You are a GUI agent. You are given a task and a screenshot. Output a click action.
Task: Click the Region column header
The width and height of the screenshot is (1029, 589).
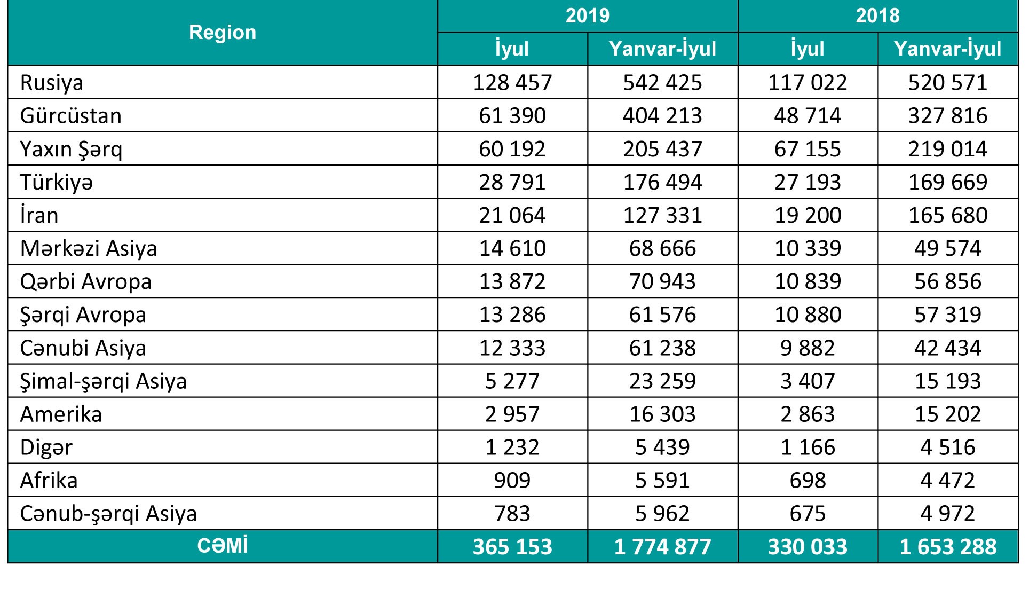click(223, 33)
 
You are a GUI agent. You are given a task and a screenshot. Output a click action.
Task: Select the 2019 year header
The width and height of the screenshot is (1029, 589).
click(587, 15)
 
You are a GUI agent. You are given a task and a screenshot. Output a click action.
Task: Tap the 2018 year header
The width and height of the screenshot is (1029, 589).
click(877, 15)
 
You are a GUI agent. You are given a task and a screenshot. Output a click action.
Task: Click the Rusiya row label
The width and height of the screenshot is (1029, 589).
click(52, 83)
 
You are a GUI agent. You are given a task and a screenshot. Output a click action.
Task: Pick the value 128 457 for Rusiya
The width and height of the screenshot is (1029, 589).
click(512, 83)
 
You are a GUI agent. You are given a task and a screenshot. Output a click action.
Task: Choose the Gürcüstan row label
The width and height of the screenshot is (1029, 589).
click(71, 116)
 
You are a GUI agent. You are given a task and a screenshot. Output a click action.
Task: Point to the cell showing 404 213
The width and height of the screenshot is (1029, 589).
click(662, 116)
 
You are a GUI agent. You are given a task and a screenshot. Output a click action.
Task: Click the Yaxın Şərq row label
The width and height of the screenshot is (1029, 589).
click(71, 149)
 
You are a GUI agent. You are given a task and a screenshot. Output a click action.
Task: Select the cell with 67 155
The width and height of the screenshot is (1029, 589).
click(808, 149)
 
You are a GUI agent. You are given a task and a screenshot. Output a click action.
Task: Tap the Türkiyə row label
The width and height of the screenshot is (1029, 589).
click(57, 182)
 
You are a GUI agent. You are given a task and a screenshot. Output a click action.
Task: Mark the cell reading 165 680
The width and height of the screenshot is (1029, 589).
click(948, 215)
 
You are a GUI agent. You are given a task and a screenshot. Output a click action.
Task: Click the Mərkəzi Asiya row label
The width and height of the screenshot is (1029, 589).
click(89, 248)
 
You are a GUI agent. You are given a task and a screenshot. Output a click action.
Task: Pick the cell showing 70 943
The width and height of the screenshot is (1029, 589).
click(662, 281)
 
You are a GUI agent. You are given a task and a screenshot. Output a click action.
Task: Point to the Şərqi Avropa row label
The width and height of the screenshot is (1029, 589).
click(83, 315)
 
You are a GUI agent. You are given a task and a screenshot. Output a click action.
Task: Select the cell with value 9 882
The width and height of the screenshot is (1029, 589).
click(808, 348)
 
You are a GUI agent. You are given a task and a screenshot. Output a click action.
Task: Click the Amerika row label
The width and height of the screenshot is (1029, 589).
click(61, 414)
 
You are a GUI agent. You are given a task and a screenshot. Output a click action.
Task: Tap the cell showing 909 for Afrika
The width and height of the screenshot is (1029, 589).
click(512, 480)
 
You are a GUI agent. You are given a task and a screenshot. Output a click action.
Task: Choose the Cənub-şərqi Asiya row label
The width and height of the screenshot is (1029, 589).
click(108, 513)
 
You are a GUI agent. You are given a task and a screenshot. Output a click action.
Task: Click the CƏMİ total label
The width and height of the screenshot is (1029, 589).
click(223, 546)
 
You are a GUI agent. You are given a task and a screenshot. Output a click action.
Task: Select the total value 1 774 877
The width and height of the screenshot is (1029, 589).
click(662, 547)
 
